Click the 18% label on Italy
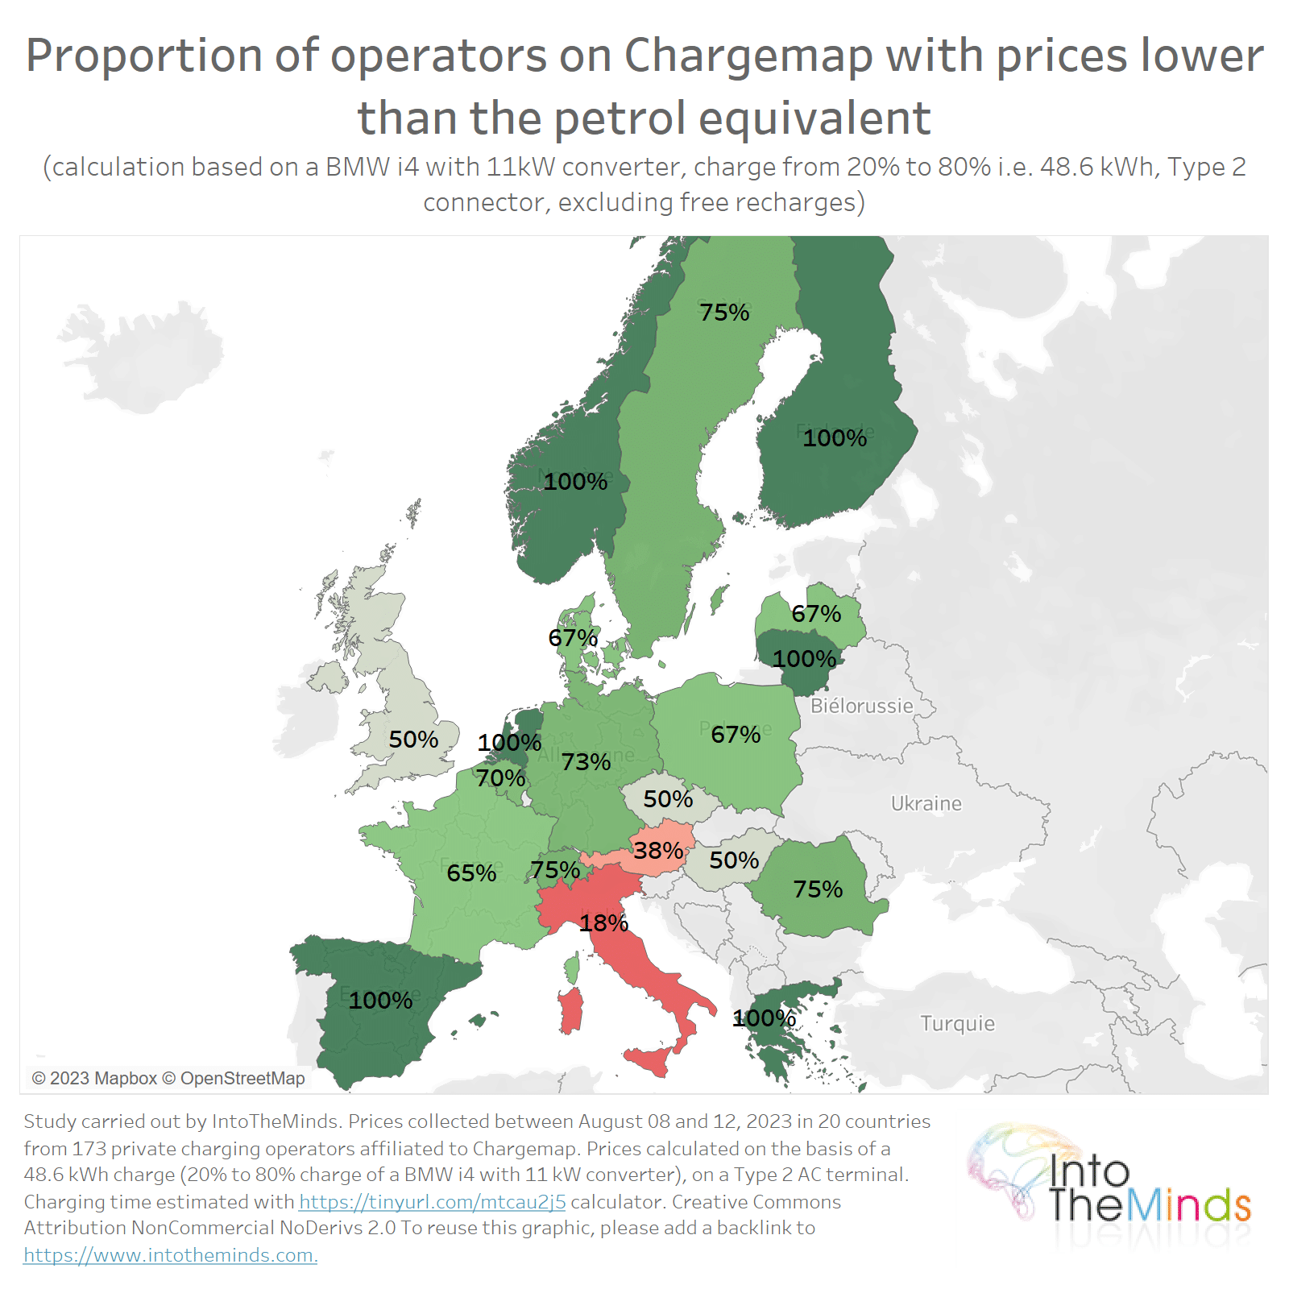tap(603, 922)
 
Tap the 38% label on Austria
tap(658, 850)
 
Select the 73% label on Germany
tap(586, 761)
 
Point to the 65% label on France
tap(471, 872)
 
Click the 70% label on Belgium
tap(500, 777)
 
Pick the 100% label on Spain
tap(380, 1000)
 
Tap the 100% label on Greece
tap(764, 1018)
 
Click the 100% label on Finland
tap(835, 437)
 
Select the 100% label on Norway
tap(575, 481)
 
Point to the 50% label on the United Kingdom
tap(413, 739)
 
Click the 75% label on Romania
tap(818, 889)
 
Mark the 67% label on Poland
tap(736, 734)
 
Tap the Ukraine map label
tap(926, 803)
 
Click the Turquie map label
tap(957, 1023)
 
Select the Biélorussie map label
tap(861, 706)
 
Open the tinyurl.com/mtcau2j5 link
tap(432, 1201)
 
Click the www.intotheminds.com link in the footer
tap(170, 1254)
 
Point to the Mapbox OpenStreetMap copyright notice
tap(168, 1078)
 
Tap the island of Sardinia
tap(570, 1012)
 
